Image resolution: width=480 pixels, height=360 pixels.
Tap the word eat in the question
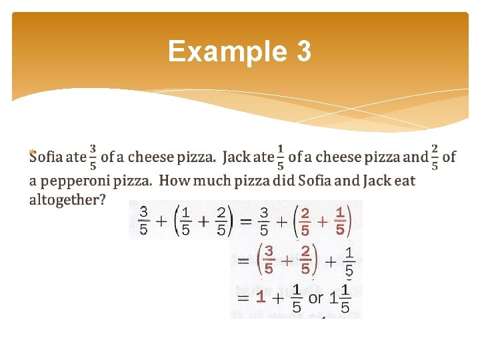click(404, 180)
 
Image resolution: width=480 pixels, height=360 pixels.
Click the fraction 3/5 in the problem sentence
click(93, 157)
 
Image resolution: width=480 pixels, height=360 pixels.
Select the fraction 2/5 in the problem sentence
click(435, 157)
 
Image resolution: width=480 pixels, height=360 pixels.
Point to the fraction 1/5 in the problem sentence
click(281, 157)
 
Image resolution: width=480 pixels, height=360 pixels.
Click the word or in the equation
click(316, 297)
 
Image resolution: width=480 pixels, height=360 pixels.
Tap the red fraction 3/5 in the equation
click(269, 260)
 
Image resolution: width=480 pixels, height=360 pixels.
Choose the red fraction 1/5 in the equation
click(340, 221)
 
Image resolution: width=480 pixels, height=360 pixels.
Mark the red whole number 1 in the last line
click(261, 297)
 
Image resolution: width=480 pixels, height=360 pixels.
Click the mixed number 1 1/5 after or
click(340, 298)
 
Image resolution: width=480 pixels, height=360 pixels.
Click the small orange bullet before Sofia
click(31, 153)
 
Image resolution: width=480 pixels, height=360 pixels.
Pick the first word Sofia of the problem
click(46, 157)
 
